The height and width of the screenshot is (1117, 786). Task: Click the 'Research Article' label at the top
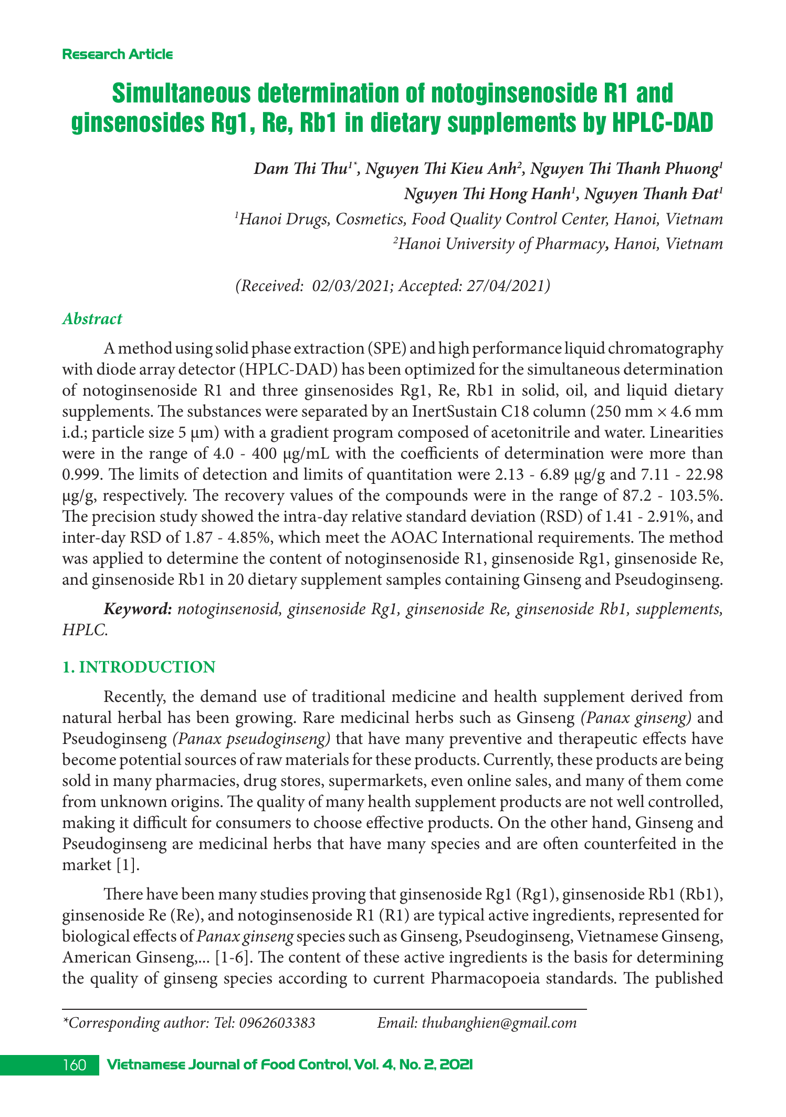[117, 54]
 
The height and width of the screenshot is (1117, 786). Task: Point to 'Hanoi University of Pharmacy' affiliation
[501, 244]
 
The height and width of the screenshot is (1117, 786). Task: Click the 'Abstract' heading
[92, 319]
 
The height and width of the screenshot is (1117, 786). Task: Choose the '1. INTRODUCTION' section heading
[139, 667]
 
